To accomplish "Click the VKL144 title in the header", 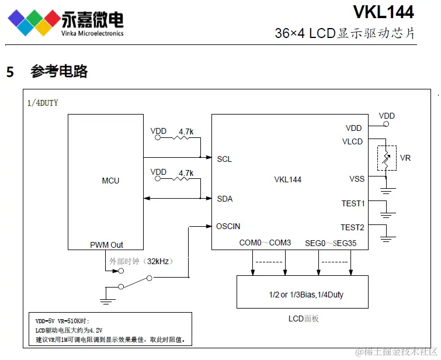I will [383, 12].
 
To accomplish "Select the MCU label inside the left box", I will [110, 181].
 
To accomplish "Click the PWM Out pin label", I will [106, 245].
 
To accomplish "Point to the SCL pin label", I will [224, 159].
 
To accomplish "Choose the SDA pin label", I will [225, 199].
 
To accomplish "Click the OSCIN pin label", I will [228, 226].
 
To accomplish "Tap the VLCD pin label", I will [352, 141].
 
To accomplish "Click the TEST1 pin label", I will [353, 203].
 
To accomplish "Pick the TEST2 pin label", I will [352, 227].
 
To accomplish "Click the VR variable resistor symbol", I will [386, 158].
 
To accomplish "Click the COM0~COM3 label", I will [265, 243].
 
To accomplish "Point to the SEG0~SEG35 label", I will [331, 243].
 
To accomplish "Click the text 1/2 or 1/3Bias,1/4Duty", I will [302, 295].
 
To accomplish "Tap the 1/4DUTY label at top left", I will [43, 103].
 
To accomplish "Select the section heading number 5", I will [10, 72].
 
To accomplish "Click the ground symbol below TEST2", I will [386, 237].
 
